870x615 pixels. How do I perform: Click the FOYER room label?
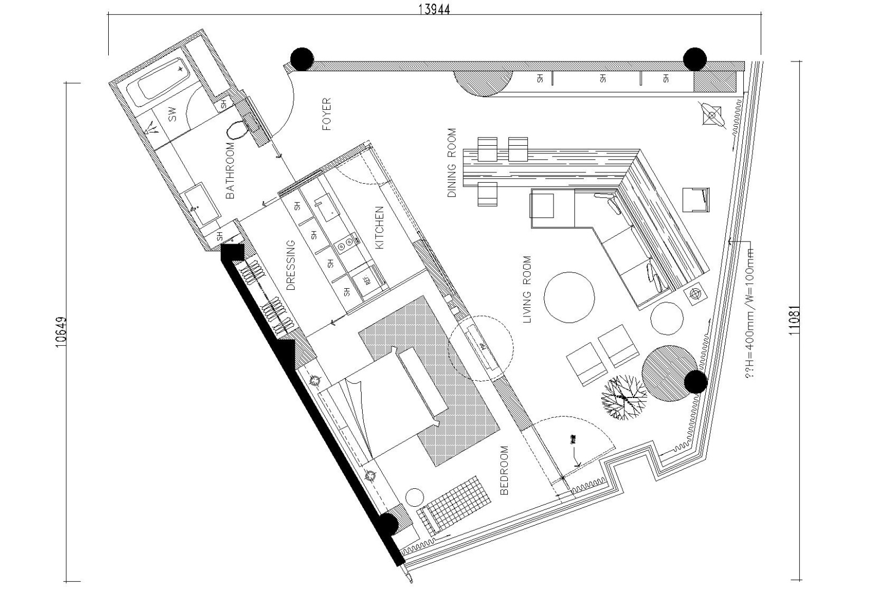coord(326,114)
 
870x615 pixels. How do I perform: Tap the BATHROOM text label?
coord(231,170)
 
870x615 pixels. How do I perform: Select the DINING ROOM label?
coord(452,163)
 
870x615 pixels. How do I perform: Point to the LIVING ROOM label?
coord(527,289)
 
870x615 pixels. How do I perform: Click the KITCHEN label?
coord(380,227)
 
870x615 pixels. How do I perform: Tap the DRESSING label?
coord(291,265)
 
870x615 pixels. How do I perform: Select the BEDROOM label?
coord(504,470)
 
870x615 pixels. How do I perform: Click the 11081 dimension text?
coord(794,320)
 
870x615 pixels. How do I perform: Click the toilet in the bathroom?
coord(237,129)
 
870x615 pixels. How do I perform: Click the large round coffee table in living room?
coord(569,297)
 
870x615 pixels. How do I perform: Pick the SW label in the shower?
coord(172,114)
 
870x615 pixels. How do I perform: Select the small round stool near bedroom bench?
coord(414,496)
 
